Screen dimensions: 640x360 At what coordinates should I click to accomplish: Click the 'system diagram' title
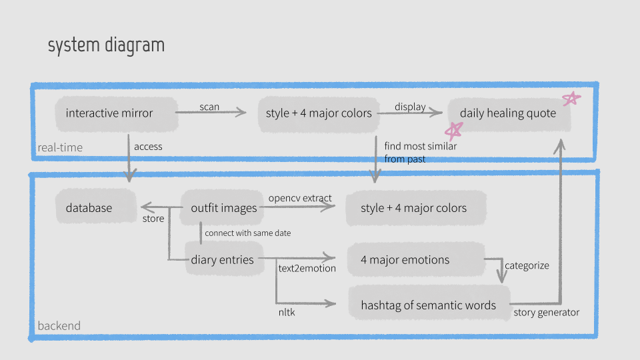coord(106,45)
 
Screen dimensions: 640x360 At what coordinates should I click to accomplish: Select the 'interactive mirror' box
coord(117,114)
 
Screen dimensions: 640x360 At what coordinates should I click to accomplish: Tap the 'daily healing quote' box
coord(509,114)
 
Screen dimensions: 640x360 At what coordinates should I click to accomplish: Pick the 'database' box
coord(96,207)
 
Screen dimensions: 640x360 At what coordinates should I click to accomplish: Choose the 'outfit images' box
coord(221,207)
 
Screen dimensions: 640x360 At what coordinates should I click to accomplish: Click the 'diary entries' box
coord(224,259)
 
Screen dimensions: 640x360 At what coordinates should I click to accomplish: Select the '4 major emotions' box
coord(416,259)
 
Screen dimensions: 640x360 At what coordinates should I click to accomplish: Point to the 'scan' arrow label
coord(209,107)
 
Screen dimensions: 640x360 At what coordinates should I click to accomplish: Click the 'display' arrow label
coord(410,107)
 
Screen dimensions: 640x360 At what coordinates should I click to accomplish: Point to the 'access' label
coord(148,147)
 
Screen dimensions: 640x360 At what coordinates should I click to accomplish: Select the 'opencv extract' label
coord(300,199)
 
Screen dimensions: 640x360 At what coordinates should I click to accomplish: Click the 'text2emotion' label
coord(307,268)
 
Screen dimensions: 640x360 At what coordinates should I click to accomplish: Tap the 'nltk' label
coord(287,312)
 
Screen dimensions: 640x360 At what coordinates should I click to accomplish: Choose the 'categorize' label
coord(527,266)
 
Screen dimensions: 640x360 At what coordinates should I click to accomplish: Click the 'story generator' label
coord(546,313)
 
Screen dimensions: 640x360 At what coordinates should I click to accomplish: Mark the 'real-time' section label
coord(60,147)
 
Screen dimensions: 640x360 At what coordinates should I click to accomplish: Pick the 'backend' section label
coord(59,326)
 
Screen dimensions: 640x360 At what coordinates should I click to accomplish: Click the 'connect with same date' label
coord(248,233)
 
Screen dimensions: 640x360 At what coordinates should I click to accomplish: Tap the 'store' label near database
coord(153,219)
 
